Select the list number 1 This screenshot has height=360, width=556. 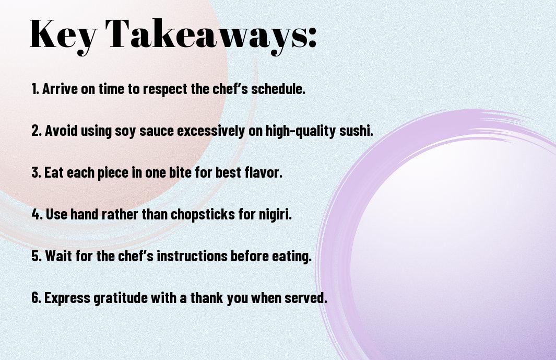click(34, 89)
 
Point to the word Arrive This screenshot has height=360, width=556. click(60, 89)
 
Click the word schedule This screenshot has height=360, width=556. click(278, 89)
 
